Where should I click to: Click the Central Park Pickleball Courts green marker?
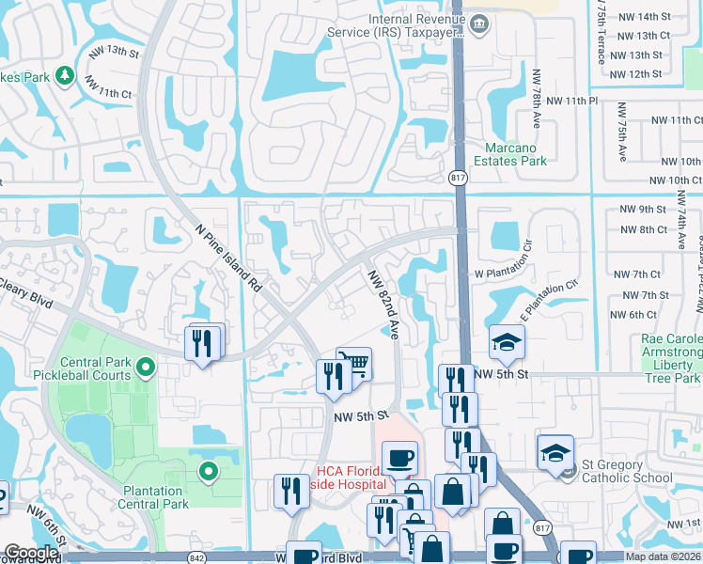tap(145, 366)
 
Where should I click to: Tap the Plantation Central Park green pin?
tap(208, 470)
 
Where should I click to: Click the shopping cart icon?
tap(353, 362)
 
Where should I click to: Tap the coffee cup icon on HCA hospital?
tap(400, 458)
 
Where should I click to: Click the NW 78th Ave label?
tap(536, 99)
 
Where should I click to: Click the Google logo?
tap(31, 553)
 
